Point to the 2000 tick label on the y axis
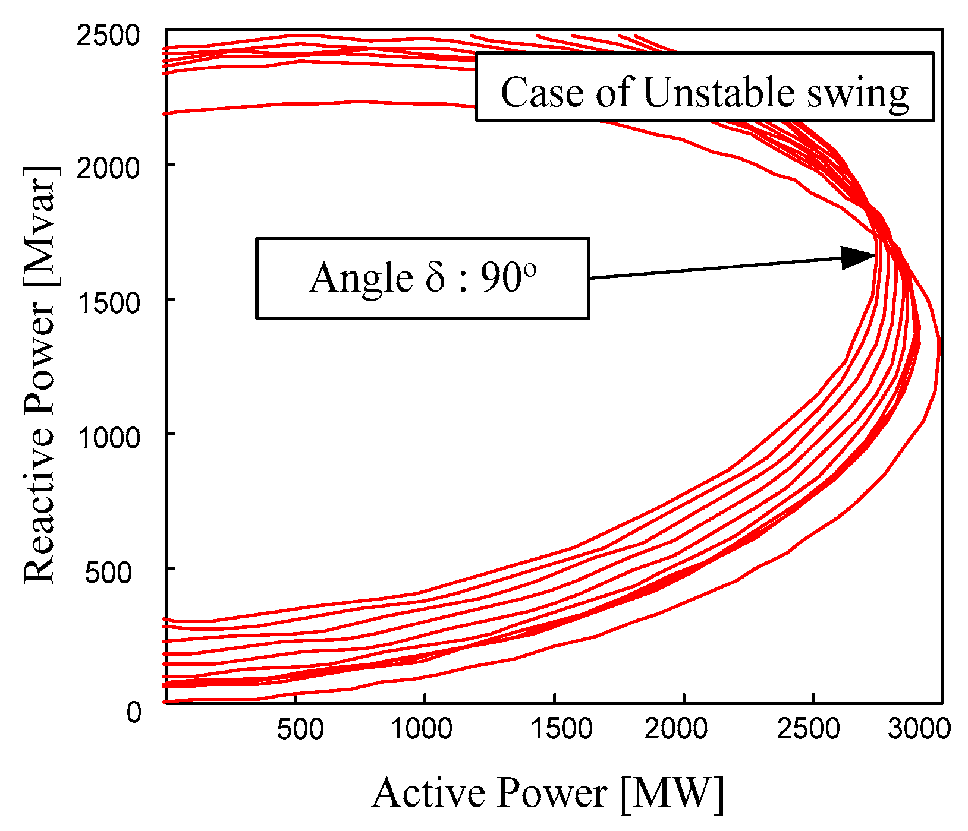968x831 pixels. (108, 168)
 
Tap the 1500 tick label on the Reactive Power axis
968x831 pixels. (108, 303)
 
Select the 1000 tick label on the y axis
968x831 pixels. (108, 438)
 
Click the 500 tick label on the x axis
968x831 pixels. (300, 729)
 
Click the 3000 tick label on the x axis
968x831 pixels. (919, 729)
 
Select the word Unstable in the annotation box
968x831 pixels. (718, 93)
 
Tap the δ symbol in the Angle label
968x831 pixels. (435, 277)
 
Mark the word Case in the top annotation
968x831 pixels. (541, 93)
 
